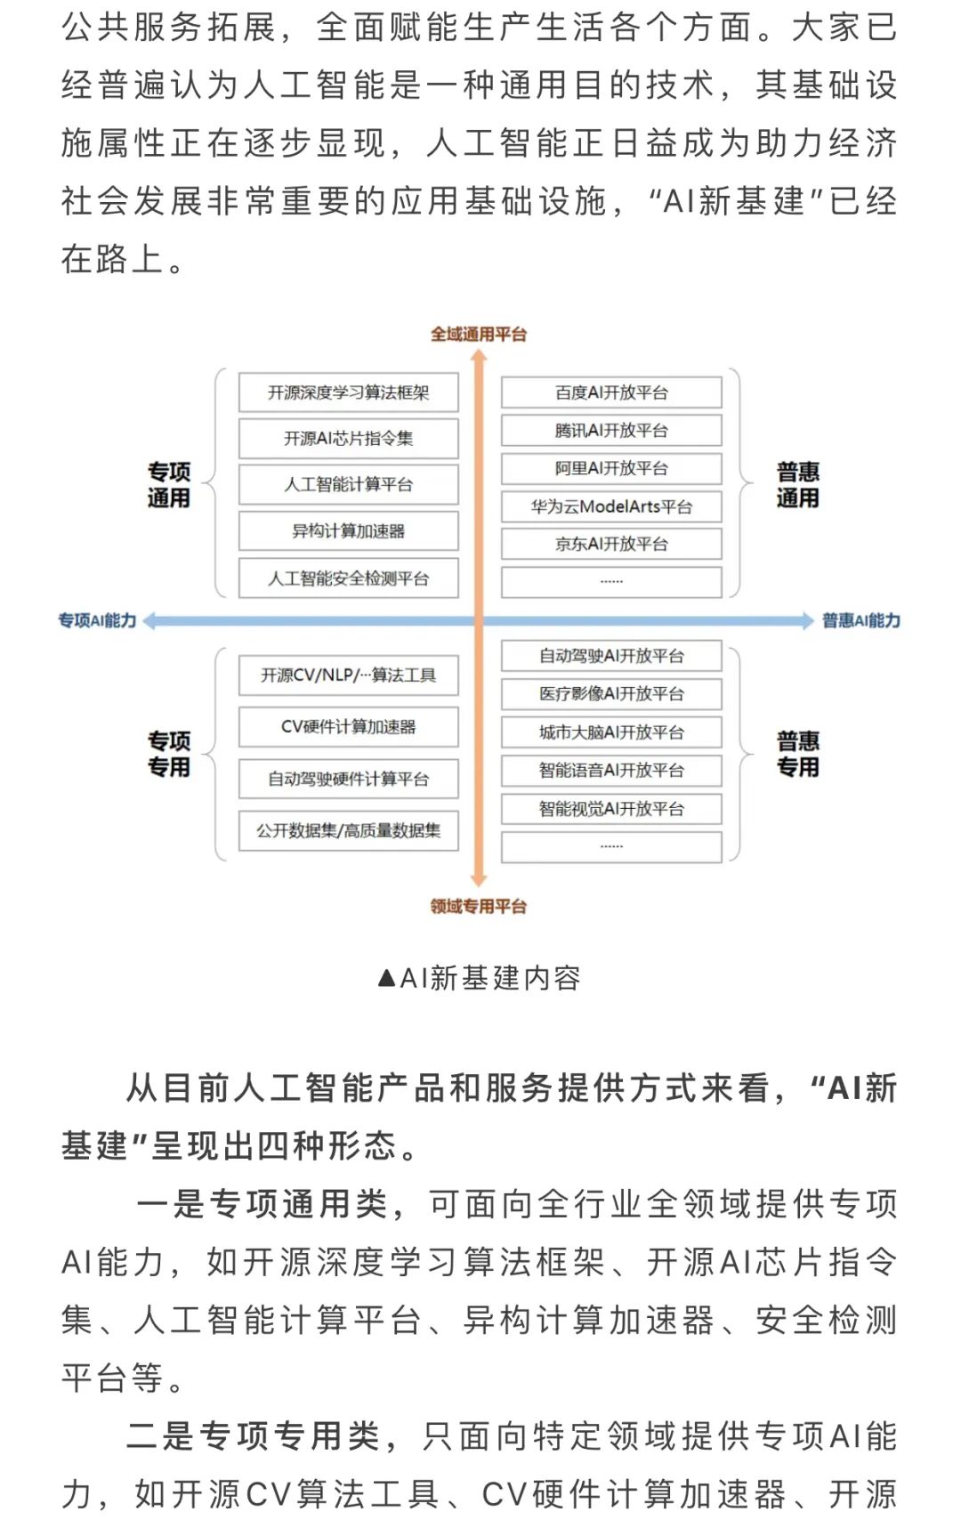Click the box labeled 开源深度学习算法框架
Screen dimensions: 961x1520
click(x=348, y=392)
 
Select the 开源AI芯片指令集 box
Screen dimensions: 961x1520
click(x=348, y=438)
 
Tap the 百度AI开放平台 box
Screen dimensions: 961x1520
click(x=610, y=392)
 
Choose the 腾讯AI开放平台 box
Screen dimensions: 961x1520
click(x=610, y=431)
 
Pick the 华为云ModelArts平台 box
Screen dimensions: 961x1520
click(x=610, y=506)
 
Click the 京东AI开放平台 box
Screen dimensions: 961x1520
click(x=610, y=544)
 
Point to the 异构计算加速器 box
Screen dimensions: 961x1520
click(x=348, y=531)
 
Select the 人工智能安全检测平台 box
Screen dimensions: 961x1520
click(x=348, y=578)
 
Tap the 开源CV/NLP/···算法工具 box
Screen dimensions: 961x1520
click(x=348, y=675)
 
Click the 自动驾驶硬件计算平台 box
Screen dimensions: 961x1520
click(x=348, y=780)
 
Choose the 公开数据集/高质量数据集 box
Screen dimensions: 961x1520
click(x=348, y=831)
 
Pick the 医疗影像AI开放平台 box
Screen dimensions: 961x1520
click(x=610, y=694)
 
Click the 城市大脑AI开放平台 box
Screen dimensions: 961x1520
click(x=610, y=732)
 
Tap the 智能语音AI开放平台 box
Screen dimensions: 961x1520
click(x=610, y=771)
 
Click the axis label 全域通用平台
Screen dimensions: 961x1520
click(x=479, y=335)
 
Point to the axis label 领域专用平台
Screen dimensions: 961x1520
click(x=479, y=907)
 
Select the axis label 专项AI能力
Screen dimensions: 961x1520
click(x=97, y=620)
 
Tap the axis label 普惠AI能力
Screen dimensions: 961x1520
click(x=860, y=620)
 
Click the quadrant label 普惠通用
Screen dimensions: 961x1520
click(x=797, y=485)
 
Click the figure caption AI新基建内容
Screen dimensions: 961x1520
click(x=480, y=978)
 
